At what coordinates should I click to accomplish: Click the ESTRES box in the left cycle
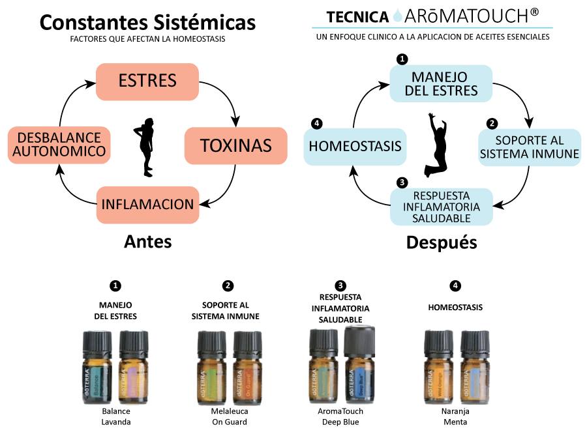(x=147, y=81)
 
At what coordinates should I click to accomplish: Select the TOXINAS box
(x=235, y=145)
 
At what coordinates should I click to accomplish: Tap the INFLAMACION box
(x=147, y=204)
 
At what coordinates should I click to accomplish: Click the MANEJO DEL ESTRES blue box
(x=441, y=83)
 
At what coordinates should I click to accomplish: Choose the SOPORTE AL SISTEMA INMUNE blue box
(x=529, y=147)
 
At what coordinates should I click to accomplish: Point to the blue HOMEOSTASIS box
(x=355, y=146)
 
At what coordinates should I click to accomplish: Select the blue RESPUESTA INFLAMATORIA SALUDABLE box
(x=441, y=207)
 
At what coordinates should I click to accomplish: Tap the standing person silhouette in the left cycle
(x=145, y=146)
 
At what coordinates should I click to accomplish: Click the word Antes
(x=148, y=242)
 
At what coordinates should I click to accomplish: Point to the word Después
(x=442, y=242)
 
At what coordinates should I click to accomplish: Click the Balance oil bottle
(x=98, y=368)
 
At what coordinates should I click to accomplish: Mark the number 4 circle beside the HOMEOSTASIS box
(x=317, y=123)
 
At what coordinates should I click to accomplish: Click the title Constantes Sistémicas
(x=147, y=22)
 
